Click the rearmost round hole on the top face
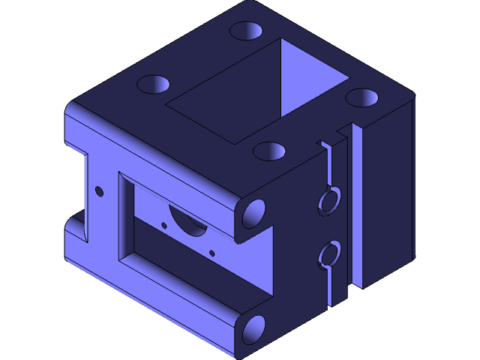[246, 31]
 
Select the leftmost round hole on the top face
[152, 83]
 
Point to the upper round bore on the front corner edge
[253, 213]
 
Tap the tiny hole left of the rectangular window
[98, 191]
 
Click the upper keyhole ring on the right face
[328, 200]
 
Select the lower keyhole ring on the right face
[328, 255]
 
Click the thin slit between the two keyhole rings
[330, 228]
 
